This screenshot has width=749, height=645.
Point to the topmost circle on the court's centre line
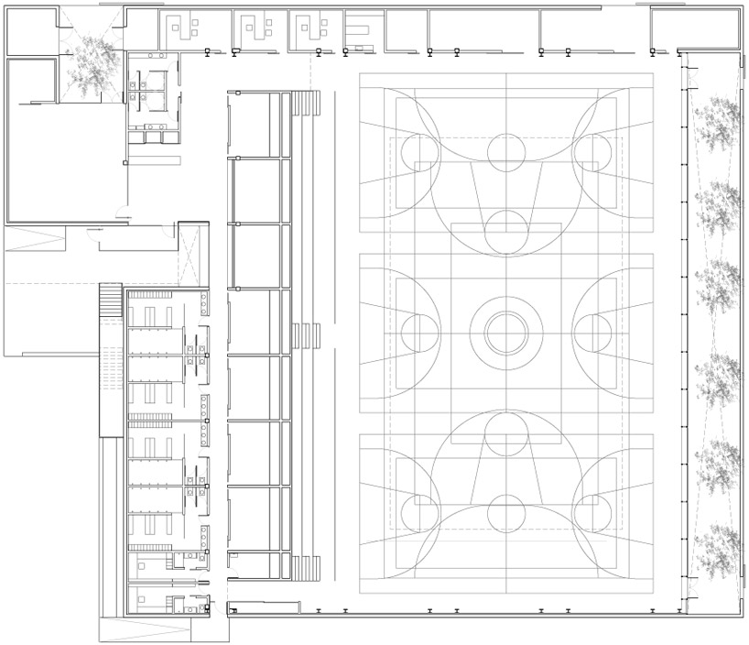(505, 152)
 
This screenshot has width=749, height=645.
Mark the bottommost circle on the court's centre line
(505, 514)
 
